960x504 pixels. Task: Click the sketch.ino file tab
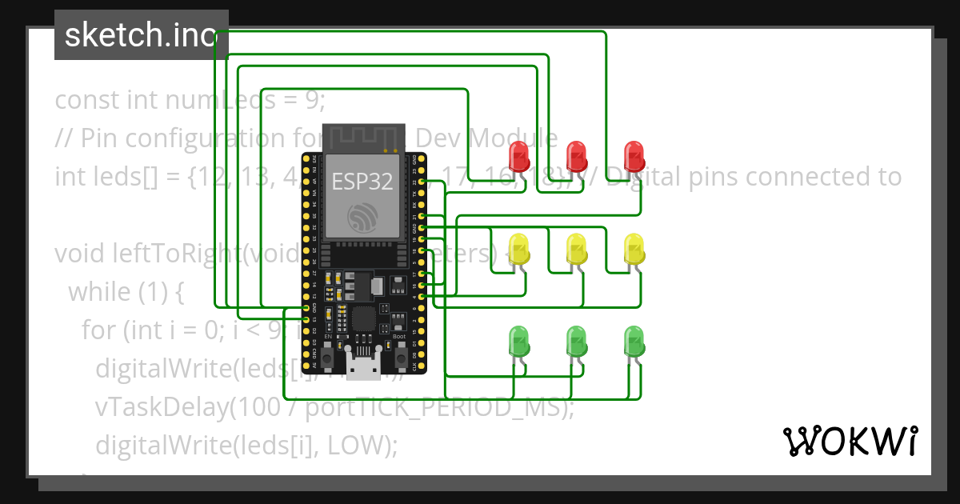[x=141, y=35]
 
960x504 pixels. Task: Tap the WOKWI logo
[x=850, y=442]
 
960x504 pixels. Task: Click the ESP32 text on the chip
[x=362, y=182]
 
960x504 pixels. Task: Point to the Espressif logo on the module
[x=362, y=218]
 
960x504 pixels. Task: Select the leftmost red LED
[x=520, y=156]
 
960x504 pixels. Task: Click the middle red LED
[x=576, y=156]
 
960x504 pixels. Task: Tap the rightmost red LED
[x=634, y=156]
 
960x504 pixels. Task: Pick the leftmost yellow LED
[x=520, y=250]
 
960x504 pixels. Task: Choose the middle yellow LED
[x=576, y=250]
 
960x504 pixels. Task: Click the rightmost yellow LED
[x=634, y=250]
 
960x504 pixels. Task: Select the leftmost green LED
[x=520, y=342]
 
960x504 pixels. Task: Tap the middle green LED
[x=576, y=342]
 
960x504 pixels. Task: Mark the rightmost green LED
[x=634, y=342]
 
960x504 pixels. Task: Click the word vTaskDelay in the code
[x=158, y=406]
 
